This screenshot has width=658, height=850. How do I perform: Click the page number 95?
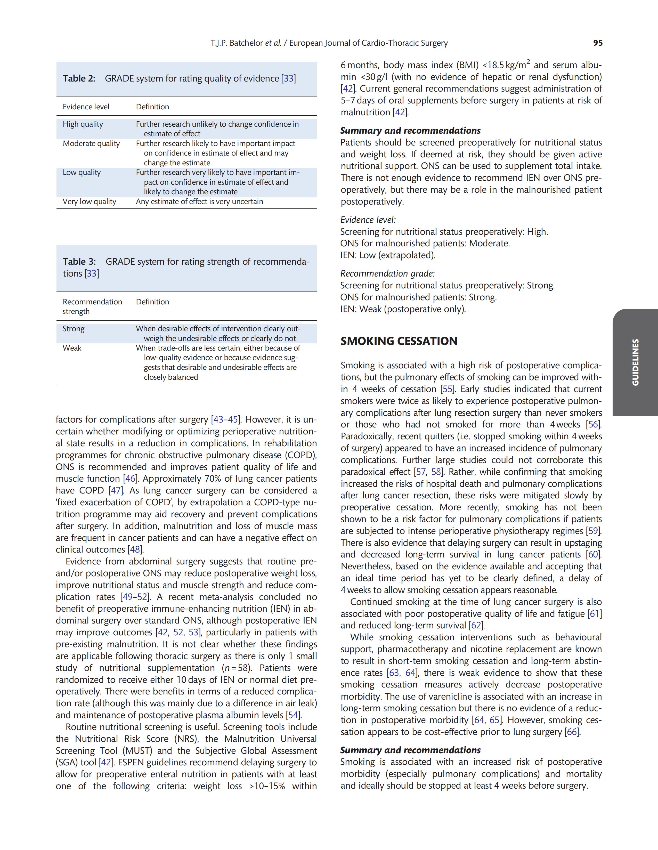pos(598,43)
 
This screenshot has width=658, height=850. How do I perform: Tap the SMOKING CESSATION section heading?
pos(399,341)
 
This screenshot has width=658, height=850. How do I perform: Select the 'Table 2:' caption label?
pos(79,79)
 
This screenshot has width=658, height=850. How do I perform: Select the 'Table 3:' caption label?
pos(79,262)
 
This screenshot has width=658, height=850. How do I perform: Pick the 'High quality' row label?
pos(83,124)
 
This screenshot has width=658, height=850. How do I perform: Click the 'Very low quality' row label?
pos(90,202)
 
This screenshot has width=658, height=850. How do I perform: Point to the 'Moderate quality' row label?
pos(91,144)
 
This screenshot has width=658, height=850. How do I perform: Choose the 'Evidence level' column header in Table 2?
pos(86,107)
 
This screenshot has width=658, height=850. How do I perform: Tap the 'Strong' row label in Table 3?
pos(74,329)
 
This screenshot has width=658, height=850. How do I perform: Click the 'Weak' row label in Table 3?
pos(72,348)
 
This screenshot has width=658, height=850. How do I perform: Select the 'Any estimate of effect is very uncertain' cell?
pos(199,202)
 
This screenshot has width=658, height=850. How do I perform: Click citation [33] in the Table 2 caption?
pos(288,79)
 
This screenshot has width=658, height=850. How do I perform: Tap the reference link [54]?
pos(293,715)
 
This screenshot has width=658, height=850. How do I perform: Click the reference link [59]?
pos(594,531)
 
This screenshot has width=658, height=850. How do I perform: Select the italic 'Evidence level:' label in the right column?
pos(368,220)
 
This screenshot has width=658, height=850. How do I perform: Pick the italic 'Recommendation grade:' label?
pos(388,274)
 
